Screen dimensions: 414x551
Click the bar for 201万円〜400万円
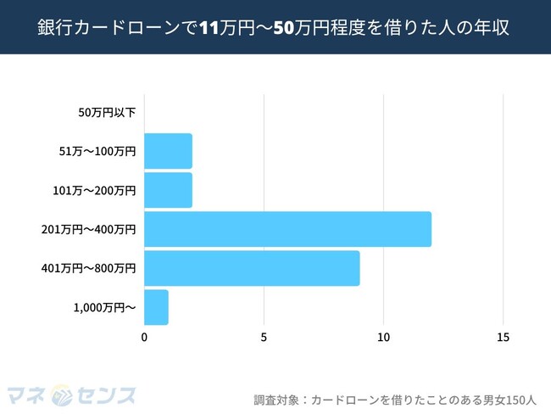(287, 229)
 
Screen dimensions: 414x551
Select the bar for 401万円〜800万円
(252, 268)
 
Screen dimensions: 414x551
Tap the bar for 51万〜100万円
(168, 151)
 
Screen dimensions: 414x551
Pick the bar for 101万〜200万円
(168, 190)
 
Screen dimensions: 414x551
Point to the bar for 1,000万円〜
(156, 307)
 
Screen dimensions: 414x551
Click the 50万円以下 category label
(107, 112)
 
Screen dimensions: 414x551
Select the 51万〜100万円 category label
(97, 151)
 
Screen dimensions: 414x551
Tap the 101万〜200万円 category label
(94, 190)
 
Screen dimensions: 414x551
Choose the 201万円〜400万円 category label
(88, 229)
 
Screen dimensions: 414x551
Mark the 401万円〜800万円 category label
(88, 268)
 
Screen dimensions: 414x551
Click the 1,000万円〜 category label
(103, 307)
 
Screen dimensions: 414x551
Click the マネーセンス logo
(71, 395)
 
